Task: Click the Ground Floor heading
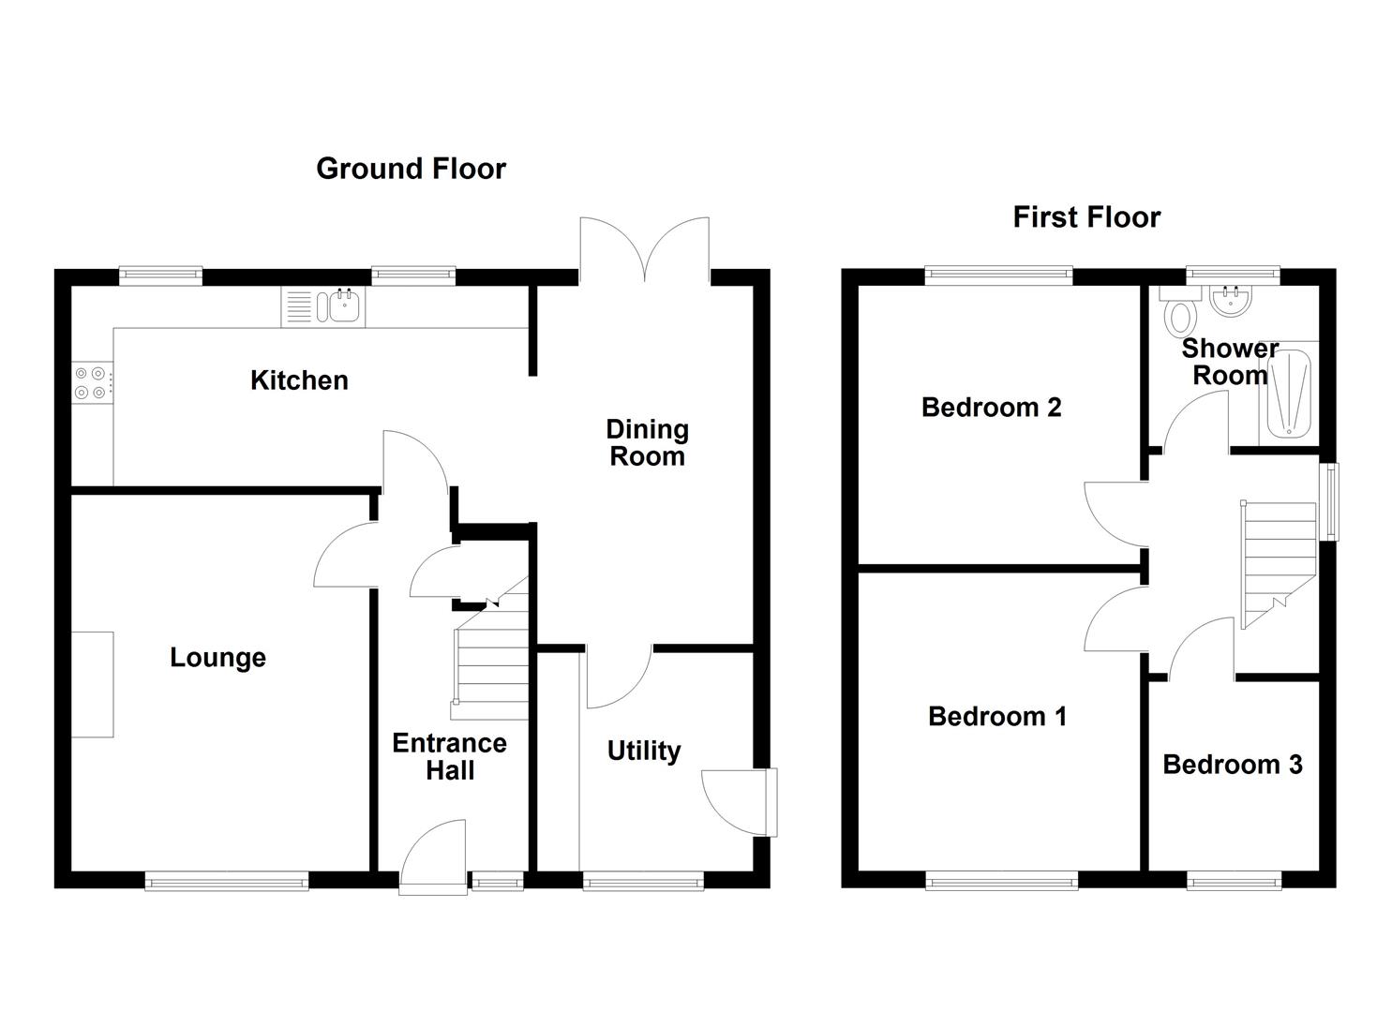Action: tap(411, 169)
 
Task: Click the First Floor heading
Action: tap(1086, 217)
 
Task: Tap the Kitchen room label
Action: tap(299, 380)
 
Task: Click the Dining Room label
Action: tap(647, 443)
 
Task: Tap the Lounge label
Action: tap(217, 658)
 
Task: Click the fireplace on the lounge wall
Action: tap(93, 684)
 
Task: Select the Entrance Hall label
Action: tap(449, 757)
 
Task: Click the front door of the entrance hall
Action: tap(434, 857)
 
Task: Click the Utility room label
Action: tap(643, 752)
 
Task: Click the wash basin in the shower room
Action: tap(1230, 301)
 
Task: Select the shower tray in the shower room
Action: tap(1288, 394)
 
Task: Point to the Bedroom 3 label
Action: tap(1232, 766)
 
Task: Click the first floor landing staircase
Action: tap(1279, 562)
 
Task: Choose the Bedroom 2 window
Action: tap(998, 274)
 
